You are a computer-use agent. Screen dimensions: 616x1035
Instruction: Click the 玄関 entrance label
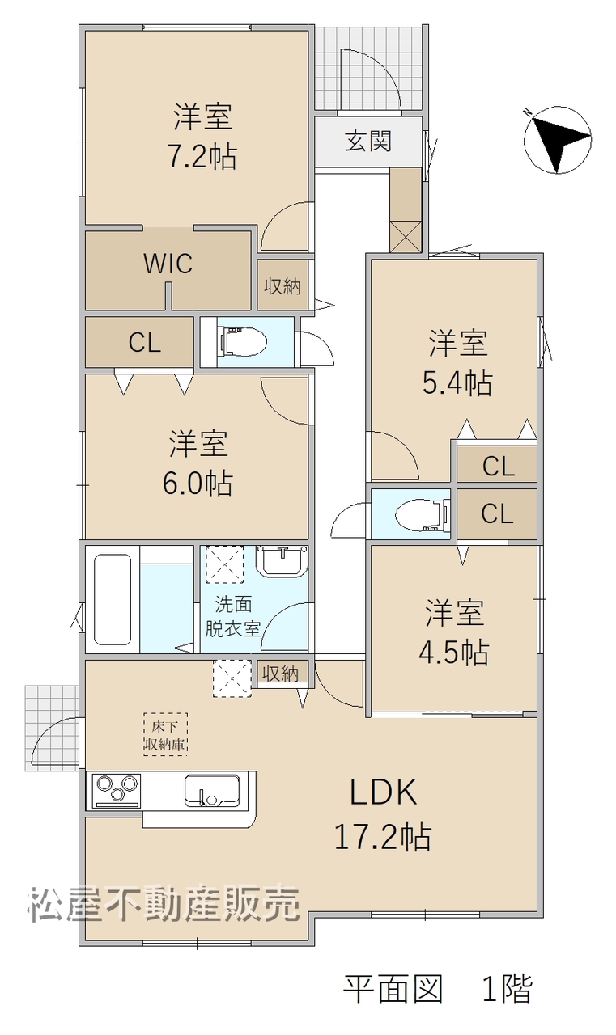click(x=368, y=141)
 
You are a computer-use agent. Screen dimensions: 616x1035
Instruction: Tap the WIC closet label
click(x=168, y=264)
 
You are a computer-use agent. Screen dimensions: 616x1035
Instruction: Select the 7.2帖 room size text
click(x=202, y=157)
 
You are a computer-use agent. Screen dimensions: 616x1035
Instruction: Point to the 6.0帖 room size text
click(x=198, y=484)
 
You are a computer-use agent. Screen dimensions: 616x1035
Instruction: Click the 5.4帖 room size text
click(x=457, y=383)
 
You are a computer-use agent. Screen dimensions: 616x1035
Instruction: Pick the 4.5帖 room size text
click(x=453, y=653)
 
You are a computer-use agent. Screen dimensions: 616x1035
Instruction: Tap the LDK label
click(x=384, y=792)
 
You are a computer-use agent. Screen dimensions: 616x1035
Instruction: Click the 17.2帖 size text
click(x=383, y=837)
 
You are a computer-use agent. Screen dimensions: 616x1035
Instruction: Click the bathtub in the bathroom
click(x=113, y=599)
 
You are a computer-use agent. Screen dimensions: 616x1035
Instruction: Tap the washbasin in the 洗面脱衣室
click(x=283, y=561)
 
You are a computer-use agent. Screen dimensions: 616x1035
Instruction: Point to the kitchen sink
click(x=212, y=791)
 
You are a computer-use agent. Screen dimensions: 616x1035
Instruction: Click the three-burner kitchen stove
click(x=116, y=791)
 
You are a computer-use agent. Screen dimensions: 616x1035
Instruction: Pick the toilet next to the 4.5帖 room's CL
click(x=423, y=513)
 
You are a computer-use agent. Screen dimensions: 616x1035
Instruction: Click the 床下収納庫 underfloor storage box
click(x=165, y=734)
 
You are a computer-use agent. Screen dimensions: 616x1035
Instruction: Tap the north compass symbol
click(x=559, y=140)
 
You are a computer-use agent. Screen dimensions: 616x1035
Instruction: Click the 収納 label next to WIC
click(x=283, y=287)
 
